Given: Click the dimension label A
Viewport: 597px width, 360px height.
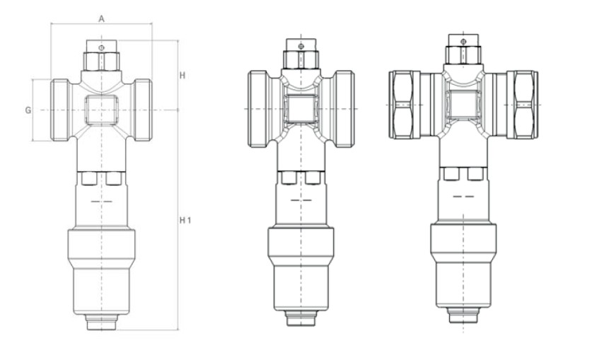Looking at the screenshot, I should [x=101, y=18].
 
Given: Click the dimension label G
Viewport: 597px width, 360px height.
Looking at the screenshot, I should [x=28, y=110].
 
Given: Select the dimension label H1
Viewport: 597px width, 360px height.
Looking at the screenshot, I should [x=185, y=221].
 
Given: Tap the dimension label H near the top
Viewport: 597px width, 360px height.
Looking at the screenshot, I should [x=182, y=75].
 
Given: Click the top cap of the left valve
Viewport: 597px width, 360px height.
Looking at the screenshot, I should [x=100, y=54].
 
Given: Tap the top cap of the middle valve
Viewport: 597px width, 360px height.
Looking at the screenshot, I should [x=300, y=54].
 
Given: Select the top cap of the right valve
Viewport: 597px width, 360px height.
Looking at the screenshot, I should [x=463, y=52].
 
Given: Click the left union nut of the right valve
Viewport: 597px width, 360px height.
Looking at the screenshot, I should [x=405, y=104].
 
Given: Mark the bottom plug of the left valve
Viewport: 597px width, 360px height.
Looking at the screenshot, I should [x=100, y=323].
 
